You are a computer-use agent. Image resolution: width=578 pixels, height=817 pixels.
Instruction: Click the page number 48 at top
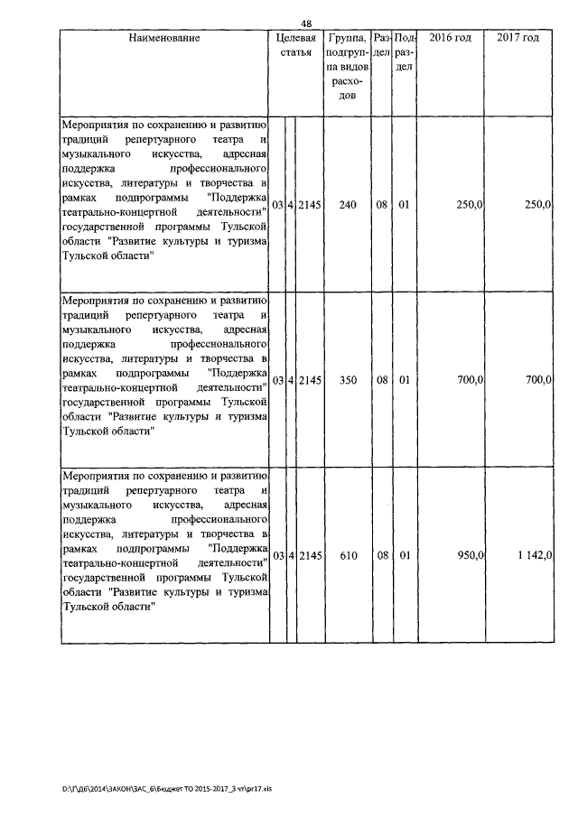pyautogui.click(x=305, y=24)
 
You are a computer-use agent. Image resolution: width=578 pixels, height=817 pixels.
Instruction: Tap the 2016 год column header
pyautogui.click(x=451, y=38)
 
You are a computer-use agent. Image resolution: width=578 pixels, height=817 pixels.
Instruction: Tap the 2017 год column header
pyautogui.click(x=518, y=38)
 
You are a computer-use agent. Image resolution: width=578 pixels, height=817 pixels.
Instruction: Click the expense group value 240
pyautogui.click(x=348, y=206)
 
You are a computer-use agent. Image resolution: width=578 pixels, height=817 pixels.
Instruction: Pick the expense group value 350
pyautogui.click(x=348, y=381)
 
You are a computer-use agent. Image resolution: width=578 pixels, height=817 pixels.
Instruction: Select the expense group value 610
pyautogui.click(x=348, y=555)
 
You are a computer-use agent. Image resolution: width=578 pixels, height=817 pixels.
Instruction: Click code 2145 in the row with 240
pyautogui.click(x=310, y=206)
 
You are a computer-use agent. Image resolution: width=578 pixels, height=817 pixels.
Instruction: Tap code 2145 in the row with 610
pyautogui.click(x=310, y=555)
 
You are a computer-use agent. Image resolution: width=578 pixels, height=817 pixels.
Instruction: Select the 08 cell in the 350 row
pyautogui.click(x=382, y=381)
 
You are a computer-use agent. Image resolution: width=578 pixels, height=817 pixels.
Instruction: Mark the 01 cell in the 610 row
pyautogui.click(x=404, y=555)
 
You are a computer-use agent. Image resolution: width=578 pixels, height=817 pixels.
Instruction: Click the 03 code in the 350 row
pyautogui.click(x=278, y=381)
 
